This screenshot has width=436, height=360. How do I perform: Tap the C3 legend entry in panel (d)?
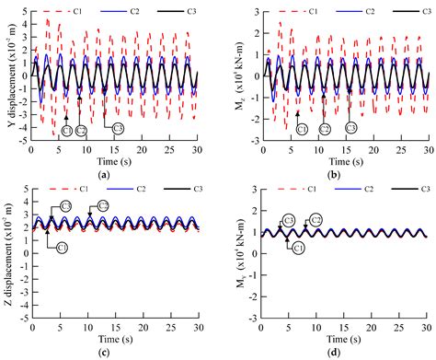(x=401, y=189)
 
